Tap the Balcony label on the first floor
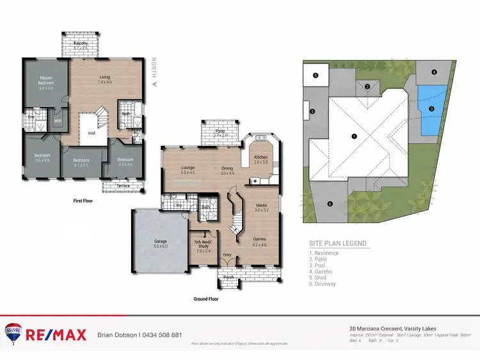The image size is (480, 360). [80, 44]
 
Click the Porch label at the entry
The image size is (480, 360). [228, 277]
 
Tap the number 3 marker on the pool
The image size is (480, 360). [431, 110]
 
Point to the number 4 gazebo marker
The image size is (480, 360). [434, 72]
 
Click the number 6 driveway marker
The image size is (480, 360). [330, 204]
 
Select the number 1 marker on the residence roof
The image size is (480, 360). [354, 136]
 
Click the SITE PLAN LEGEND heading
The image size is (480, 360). [338, 243]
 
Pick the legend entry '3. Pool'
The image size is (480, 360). [321, 265]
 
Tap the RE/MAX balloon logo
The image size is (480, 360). [13, 332]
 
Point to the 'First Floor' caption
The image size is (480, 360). [85, 201]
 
